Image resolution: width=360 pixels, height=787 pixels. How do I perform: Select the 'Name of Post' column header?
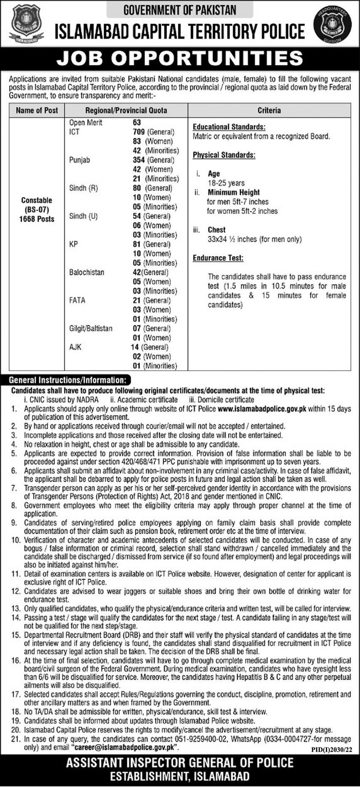pyautogui.click(x=37, y=111)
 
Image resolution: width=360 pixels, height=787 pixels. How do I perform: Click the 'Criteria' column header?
pyautogui.click(x=269, y=111)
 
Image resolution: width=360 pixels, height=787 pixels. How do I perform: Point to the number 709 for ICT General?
pyautogui.click(x=139, y=132)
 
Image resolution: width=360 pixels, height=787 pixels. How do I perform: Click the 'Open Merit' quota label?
pyautogui.click(x=85, y=123)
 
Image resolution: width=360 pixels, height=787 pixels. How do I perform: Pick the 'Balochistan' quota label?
pyautogui.click(x=87, y=272)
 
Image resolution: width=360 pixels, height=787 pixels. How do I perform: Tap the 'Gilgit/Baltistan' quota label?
pyautogui.click(x=91, y=329)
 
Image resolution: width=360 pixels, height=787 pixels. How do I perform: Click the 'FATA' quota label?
pyautogui.click(x=77, y=300)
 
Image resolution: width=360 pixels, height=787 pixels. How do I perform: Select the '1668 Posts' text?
pyautogui.click(x=37, y=219)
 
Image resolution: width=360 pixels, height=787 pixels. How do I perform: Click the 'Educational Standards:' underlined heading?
pyautogui.click(x=229, y=127)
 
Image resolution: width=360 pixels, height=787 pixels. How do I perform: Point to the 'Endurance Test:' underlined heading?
pyautogui.click(x=218, y=258)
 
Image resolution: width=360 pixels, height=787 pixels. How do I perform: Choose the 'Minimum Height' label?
pyautogui.click(x=233, y=192)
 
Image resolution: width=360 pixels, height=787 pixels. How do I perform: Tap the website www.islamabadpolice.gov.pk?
pyautogui.click(x=262, y=409)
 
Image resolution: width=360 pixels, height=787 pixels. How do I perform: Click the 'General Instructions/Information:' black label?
pyautogui.click(x=67, y=380)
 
